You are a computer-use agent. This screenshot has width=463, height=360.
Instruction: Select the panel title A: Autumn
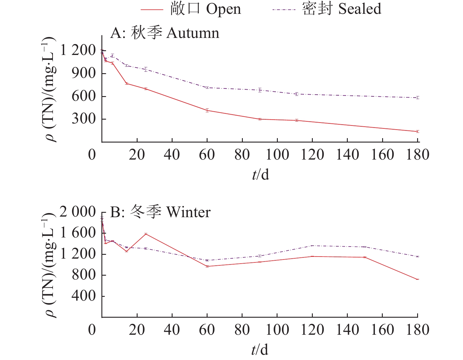point(165,33)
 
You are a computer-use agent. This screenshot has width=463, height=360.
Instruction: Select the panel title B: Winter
point(160,212)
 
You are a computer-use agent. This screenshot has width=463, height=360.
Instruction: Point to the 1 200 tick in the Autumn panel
point(78,51)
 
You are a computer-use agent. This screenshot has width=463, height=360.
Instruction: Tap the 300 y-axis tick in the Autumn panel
point(84,119)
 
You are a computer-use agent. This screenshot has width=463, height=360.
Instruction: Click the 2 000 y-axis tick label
point(78,212)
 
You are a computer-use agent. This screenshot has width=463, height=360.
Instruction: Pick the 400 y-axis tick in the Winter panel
point(84,296)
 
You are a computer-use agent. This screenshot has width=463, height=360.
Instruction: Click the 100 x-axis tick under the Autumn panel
point(277,155)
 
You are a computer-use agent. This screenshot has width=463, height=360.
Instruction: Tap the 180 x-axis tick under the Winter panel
point(417,330)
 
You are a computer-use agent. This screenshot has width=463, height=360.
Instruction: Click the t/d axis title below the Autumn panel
point(260,175)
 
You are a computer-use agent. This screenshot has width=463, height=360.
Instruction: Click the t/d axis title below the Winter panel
point(260,350)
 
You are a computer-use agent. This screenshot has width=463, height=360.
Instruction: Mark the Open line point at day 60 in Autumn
point(207,110)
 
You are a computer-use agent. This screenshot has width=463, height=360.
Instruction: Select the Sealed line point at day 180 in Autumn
point(417,98)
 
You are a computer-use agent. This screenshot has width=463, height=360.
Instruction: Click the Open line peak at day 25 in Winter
point(146,234)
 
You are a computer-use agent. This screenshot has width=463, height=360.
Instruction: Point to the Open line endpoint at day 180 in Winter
point(417,279)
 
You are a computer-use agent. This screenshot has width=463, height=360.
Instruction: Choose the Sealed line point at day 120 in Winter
point(312,246)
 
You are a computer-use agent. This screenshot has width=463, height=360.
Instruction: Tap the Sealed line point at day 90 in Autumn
point(260,90)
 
